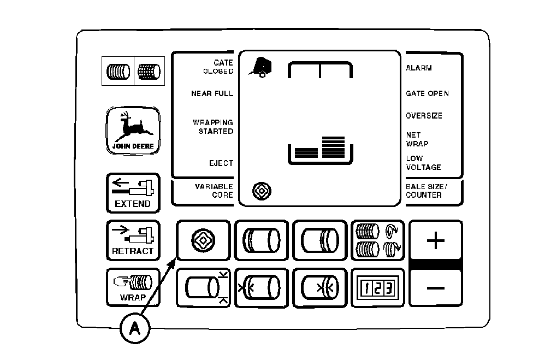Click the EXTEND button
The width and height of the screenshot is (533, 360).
[x=133, y=193]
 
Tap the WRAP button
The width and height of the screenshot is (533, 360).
[x=133, y=287]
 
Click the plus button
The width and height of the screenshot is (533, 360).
[x=435, y=241]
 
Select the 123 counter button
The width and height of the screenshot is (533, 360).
[x=377, y=287]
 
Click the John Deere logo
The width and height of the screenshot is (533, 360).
[x=133, y=131]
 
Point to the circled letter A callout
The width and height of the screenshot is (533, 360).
[x=133, y=328]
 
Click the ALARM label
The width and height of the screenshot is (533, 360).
[x=419, y=68]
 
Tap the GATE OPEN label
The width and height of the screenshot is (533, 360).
[x=427, y=93]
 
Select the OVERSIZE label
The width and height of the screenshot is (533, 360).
[x=424, y=116]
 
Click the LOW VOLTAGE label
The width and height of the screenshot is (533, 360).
[x=423, y=163]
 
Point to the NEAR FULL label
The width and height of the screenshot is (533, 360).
[x=212, y=93]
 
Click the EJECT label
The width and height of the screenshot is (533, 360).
[x=221, y=163]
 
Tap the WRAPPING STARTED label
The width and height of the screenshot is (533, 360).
[x=213, y=127]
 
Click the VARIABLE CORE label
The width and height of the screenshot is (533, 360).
[x=214, y=191]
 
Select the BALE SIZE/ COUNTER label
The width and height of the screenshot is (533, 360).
[x=426, y=191]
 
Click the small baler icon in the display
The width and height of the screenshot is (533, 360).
[x=258, y=67]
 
